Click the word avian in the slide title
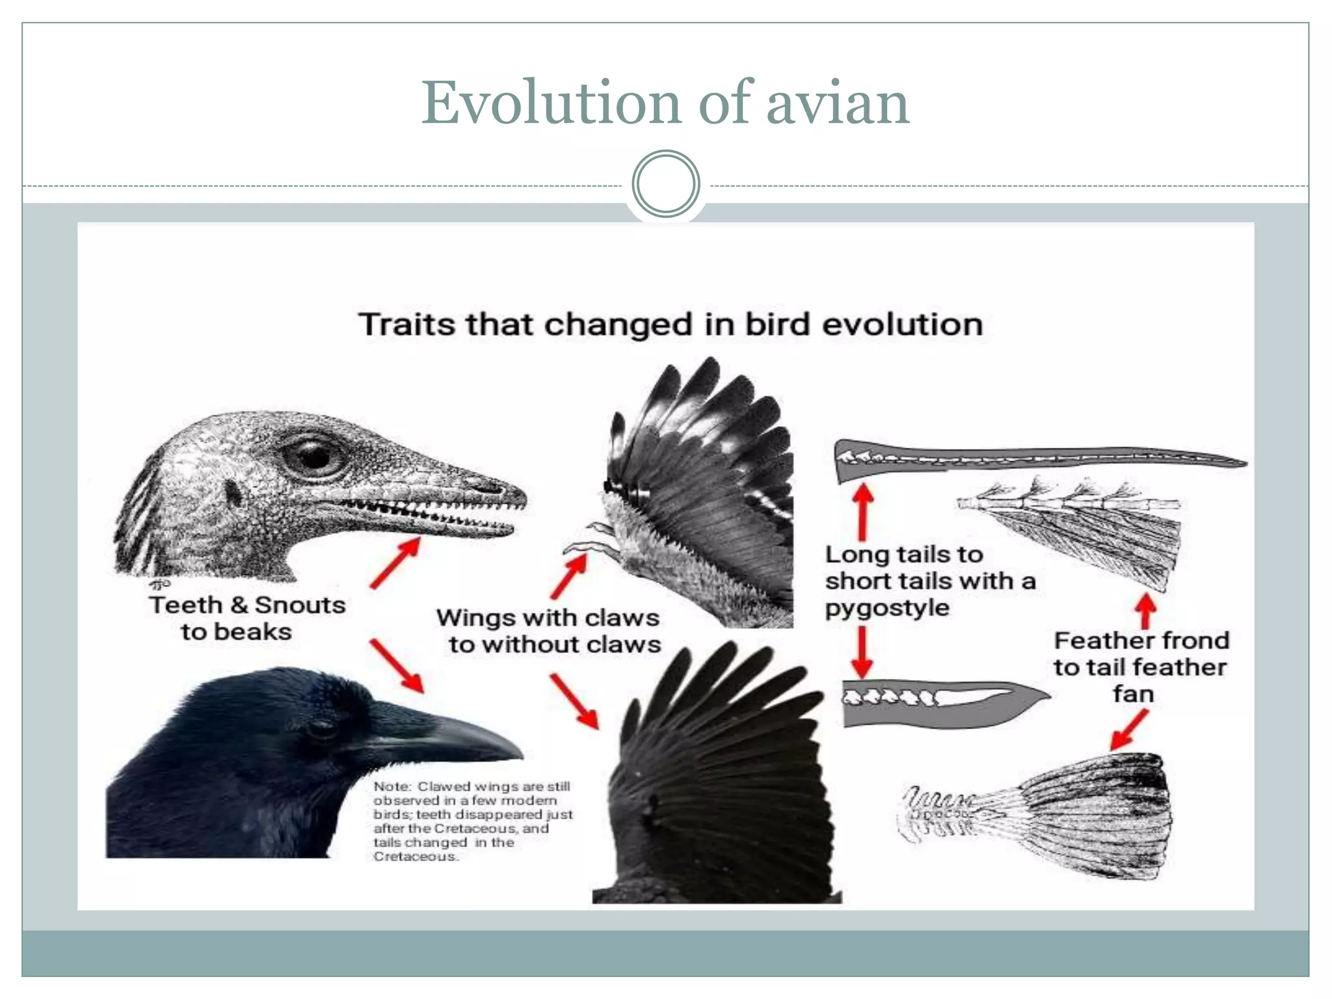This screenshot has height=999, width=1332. tap(838, 104)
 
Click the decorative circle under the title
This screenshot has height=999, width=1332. tap(665, 184)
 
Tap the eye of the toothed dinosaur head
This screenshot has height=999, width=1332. tap(314, 455)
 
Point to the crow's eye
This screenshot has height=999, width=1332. tap(321, 729)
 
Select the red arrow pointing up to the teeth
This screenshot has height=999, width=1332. tap(395, 563)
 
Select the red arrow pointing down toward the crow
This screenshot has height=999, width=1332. tap(397, 665)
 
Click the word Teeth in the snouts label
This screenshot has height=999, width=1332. tap(186, 605)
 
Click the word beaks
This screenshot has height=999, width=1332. tap(254, 632)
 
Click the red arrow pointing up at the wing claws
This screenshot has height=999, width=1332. tap(569, 576)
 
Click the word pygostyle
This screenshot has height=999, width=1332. tap(887, 608)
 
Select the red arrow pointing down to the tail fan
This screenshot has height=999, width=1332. tap(1129, 729)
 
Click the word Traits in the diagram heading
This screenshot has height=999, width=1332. tap(406, 324)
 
